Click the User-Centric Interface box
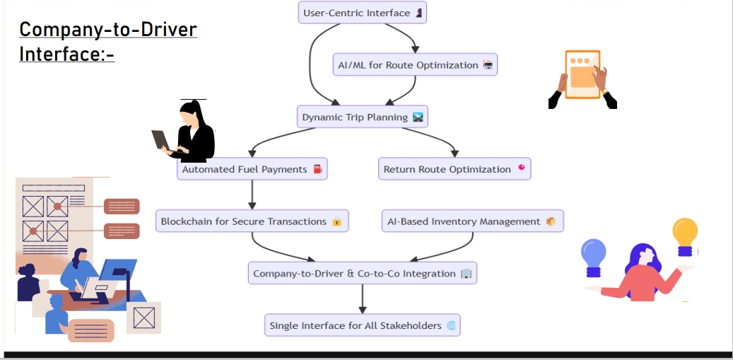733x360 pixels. pyautogui.click(x=363, y=13)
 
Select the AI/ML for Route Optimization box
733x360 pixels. pyautogui.click(x=416, y=65)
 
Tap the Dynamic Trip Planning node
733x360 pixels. pyautogui.click(x=363, y=117)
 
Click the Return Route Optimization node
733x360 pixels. pyautogui.click(x=455, y=169)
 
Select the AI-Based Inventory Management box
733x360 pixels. pyautogui.click(x=471, y=221)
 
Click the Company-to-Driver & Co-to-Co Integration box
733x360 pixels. pyautogui.click(x=363, y=273)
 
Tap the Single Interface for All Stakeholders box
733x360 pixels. pyautogui.click(x=363, y=325)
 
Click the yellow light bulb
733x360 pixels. pyautogui.click(x=684, y=233)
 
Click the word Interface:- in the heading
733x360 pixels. pyautogui.click(x=66, y=54)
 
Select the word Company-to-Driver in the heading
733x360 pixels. pyautogui.click(x=107, y=30)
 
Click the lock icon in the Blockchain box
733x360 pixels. pyautogui.click(x=337, y=222)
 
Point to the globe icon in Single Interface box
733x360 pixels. pyautogui.click(x=451, y=326)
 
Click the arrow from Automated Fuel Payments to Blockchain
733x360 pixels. pyautogui.click(x=252, y=194)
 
